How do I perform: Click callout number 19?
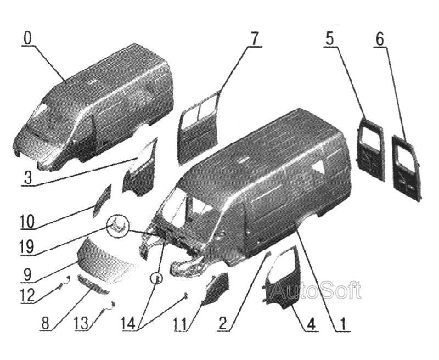tap(27, 247)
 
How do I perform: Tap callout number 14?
tap(131, 324)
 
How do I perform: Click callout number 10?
tap(27, 222)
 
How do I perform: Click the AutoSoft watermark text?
tap(317, 290)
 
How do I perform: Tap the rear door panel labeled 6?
tap(406, 168)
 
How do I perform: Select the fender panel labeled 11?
tap(216, 288)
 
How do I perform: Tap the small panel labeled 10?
tap(102, 200)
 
